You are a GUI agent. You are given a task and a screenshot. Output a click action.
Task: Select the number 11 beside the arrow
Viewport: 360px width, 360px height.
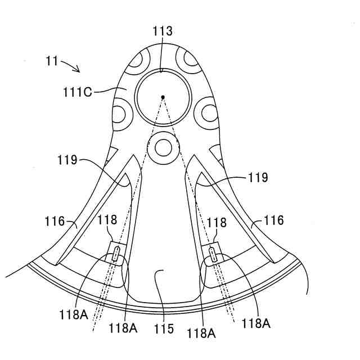click(x=52, y=61)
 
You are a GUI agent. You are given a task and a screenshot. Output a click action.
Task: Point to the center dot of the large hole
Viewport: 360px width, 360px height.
click(x=163, y=97)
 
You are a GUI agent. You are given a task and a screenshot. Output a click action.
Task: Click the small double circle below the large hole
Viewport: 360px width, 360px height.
click(x=163, y=147)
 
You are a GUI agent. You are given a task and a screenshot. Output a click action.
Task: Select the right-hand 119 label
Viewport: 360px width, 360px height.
click(x=256, y=177)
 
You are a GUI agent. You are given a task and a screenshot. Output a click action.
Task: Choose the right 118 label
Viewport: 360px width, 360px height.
click(x=217, y=223)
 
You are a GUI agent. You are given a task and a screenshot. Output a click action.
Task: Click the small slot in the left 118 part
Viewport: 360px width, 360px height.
click(x=115, y=255)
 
